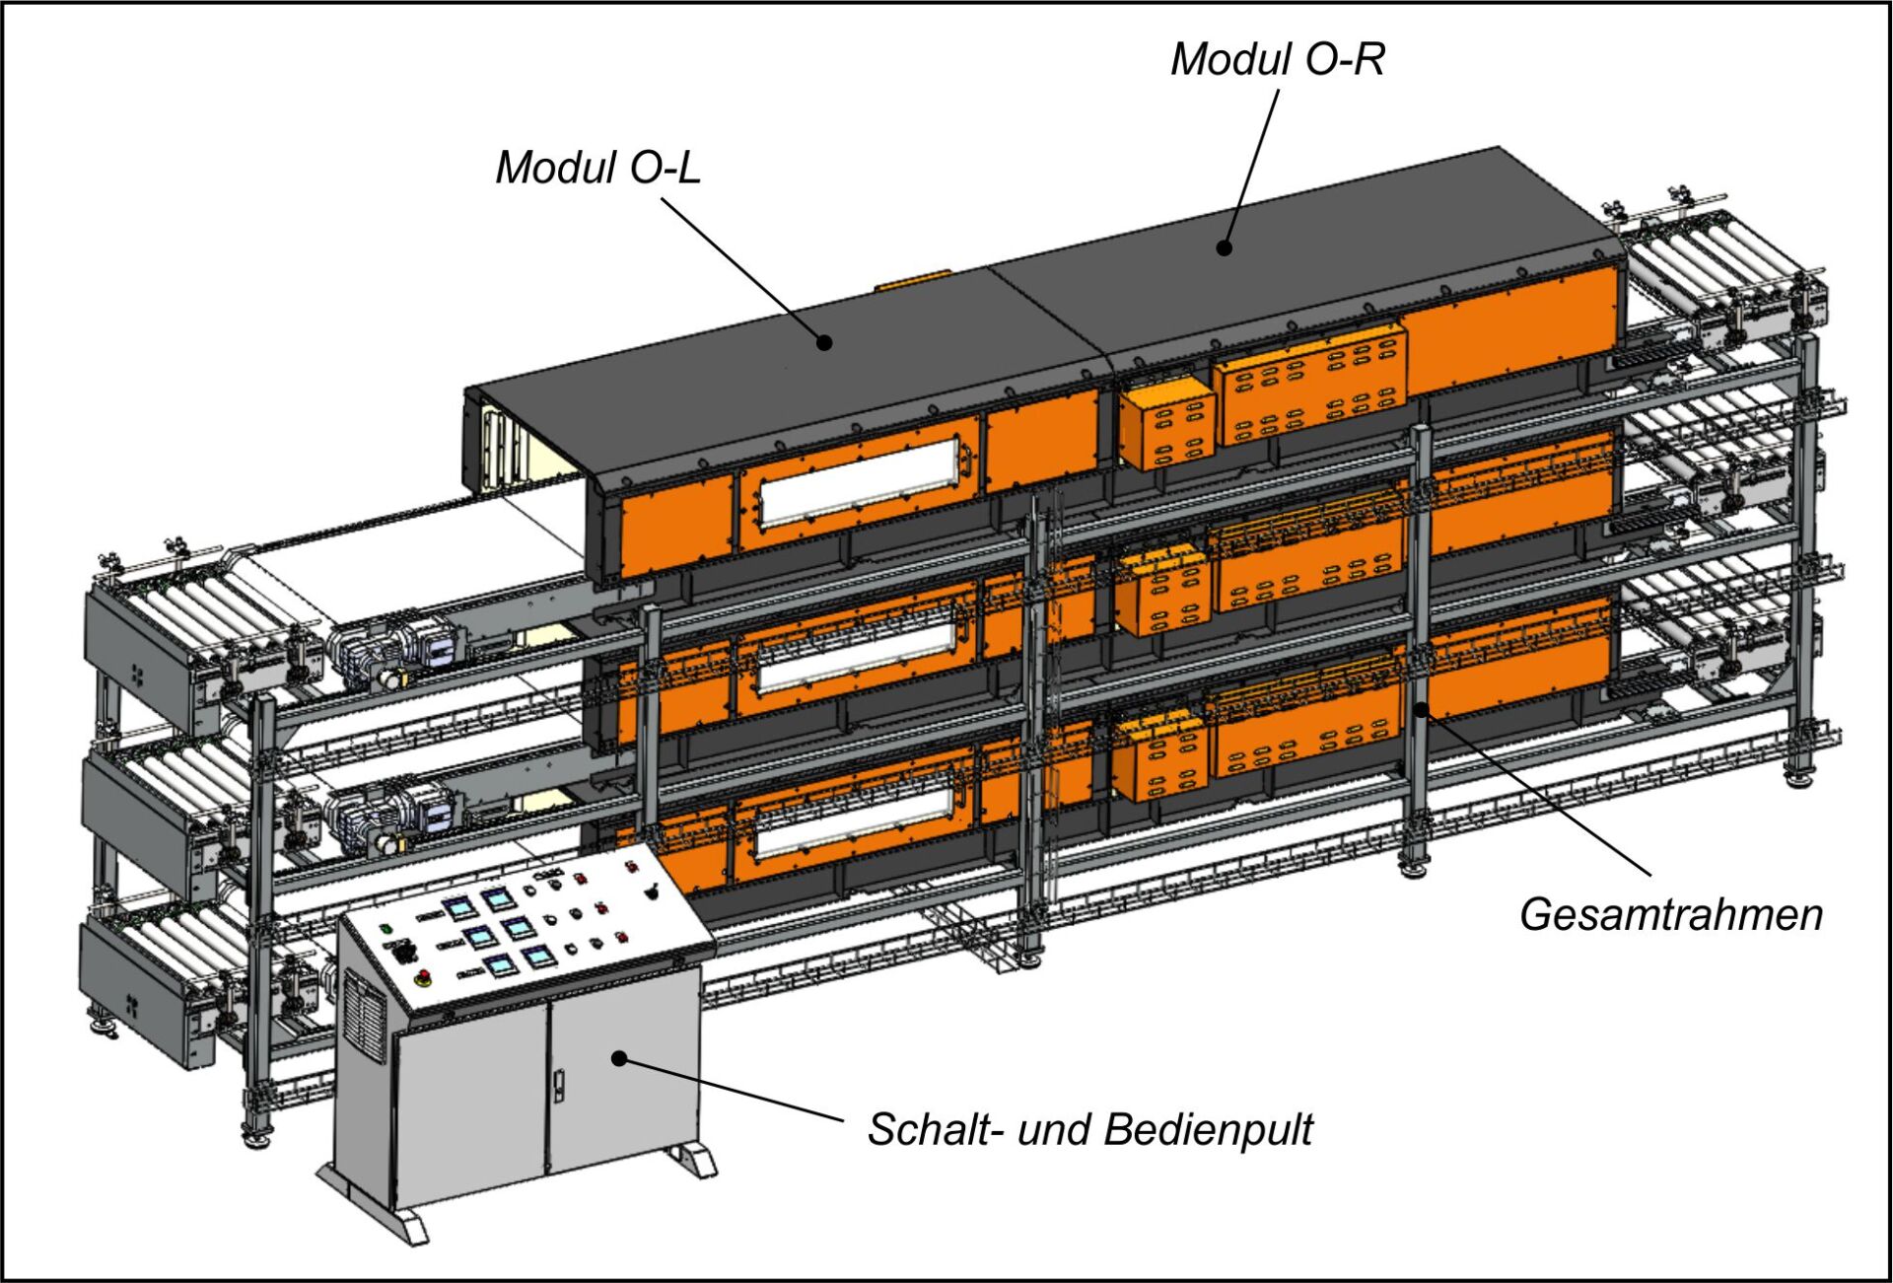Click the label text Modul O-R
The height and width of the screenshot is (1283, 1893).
pyautogui.click(x=1277, y=59)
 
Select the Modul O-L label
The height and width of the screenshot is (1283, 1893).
pyautogui.click(x=597, y=167)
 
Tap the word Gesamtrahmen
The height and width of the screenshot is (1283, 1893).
pyautogui.click(x=1670, y=914)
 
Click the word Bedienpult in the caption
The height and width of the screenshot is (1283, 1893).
pyautogui.click(x=1209, y=1129)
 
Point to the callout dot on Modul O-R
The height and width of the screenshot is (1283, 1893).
pyautogui.click(x=1225, y=248)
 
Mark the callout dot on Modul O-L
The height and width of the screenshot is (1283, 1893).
pyautogui.click(x=824, y=342)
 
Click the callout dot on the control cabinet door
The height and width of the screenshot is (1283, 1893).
pyautogui.click(x=619, y=1058)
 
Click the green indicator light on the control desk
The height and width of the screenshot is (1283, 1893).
pyautogui.click(x=386, y=928)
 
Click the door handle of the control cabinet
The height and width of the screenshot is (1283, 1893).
pyautogui.click(x=560, y=1085)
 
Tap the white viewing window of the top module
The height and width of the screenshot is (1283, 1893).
pyautogui.click(x=859, y=482)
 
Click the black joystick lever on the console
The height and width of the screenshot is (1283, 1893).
pyautogui.click(x=650, y=891)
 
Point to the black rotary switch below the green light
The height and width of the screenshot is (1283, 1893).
pyautogui.click(x=402, y=952)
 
